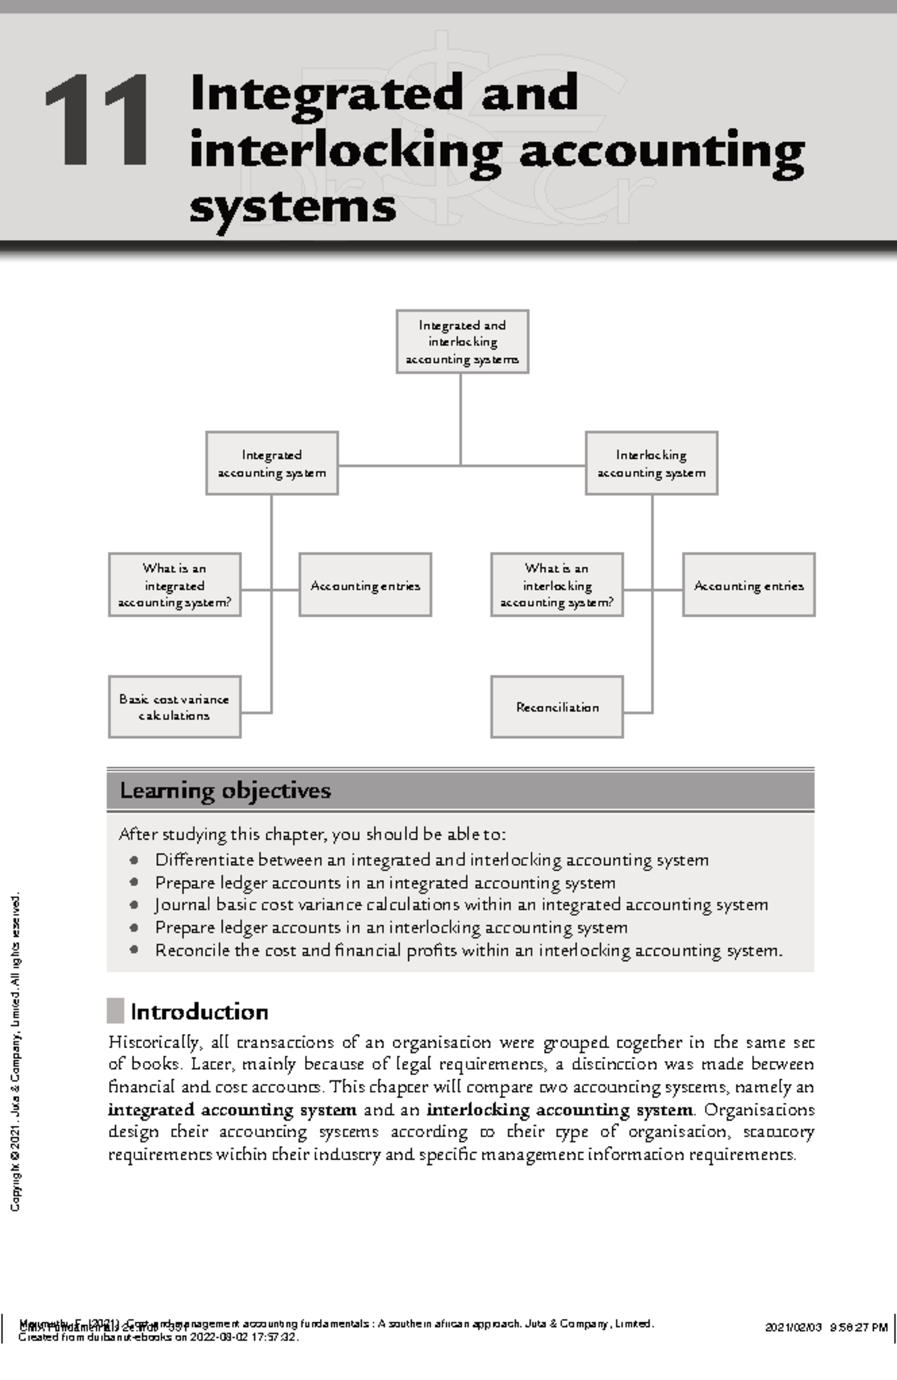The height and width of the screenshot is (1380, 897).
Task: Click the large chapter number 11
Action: coord(97,121)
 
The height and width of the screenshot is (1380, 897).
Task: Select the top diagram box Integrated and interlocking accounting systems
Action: coord(462,341)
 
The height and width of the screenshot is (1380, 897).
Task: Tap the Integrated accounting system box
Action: coord(272,463)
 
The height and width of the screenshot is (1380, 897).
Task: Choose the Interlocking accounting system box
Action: coord(651,463)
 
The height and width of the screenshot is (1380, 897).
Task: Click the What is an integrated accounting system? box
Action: coord(174,585)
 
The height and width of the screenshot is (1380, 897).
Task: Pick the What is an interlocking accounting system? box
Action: coord(557,585)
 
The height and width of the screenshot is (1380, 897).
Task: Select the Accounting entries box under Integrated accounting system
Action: coord(366,585)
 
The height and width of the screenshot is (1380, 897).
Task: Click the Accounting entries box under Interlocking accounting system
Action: coord(748,585)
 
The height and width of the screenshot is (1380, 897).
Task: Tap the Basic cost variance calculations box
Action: coord(174,707)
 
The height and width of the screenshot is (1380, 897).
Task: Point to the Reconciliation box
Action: coord(557,707)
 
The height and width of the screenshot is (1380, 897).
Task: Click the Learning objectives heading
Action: coord(225,790)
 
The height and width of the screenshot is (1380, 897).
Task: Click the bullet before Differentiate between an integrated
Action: coord(134,860)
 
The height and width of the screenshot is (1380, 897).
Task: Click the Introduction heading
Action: coord(199,1012)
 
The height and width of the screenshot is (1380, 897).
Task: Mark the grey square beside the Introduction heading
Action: coord(115,1011)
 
